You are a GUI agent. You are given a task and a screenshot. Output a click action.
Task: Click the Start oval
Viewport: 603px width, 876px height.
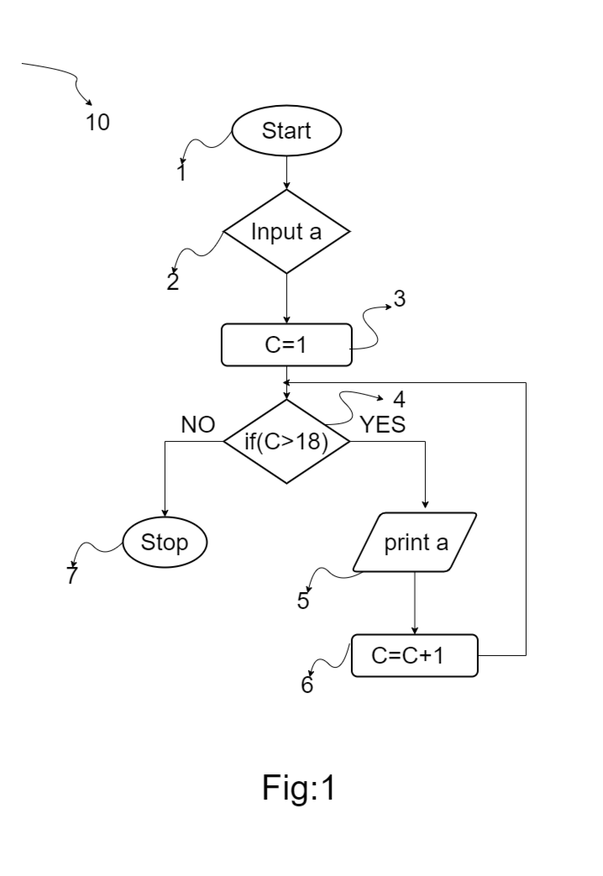(x=286, y=131)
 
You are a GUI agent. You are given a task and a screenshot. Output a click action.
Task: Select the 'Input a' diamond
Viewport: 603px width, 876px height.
(x=286, y=231)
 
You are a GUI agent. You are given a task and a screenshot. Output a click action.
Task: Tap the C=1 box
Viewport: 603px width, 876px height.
(x=286, y=344)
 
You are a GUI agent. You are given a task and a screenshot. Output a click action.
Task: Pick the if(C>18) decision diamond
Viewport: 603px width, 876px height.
(x=286, y=441)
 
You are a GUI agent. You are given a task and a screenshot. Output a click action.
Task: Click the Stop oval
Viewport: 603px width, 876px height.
(x=165, y=542)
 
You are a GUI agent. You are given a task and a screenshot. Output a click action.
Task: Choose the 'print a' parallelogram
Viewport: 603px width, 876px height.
(x=415, y=542)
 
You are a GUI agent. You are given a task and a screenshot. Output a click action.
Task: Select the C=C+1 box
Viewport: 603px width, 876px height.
(x=415, y=655)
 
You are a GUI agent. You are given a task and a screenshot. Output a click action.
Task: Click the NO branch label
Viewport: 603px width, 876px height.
(x=198, y=425)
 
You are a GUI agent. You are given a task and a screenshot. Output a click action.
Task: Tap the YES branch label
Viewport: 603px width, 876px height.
(x=382, y=425)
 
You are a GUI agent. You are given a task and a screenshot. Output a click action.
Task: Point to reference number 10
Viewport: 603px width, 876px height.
(x=97, y=123)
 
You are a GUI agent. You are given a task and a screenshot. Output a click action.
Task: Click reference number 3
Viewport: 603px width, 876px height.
(x=399, y=299)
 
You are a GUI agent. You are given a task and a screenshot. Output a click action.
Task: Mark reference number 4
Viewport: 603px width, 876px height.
(x=399, y=400)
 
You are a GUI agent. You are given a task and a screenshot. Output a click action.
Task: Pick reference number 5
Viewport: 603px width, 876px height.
(x=303, y=601)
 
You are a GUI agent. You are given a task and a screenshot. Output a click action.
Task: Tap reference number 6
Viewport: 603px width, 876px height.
(x=307, y=685)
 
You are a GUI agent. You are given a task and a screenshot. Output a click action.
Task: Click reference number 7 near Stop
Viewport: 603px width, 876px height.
(x=71, y=574)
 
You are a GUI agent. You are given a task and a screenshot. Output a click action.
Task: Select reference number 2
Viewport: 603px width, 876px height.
(x=173, y=281)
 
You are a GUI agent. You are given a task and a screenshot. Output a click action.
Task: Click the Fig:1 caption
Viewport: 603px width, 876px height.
(x=298, y=788)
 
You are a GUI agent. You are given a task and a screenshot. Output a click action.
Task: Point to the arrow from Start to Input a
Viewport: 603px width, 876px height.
(x=286, y=173)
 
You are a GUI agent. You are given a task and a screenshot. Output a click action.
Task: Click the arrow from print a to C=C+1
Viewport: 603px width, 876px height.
(x=415, y=603)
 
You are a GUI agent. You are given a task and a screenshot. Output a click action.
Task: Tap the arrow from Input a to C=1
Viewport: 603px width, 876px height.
(x=286, y=298)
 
